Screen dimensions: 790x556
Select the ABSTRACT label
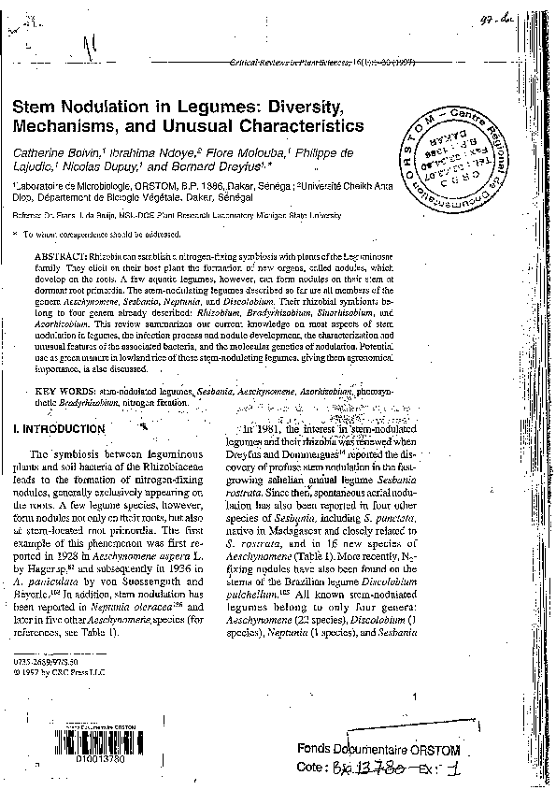pyautogui.click(x=60, y=255)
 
